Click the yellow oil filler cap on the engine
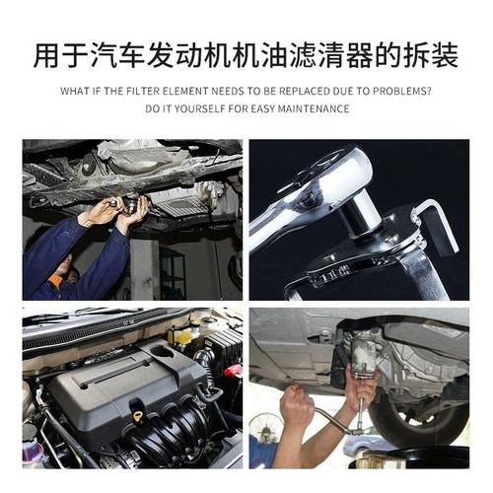[x=136, y=417]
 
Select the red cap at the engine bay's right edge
[x=234, y=372]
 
